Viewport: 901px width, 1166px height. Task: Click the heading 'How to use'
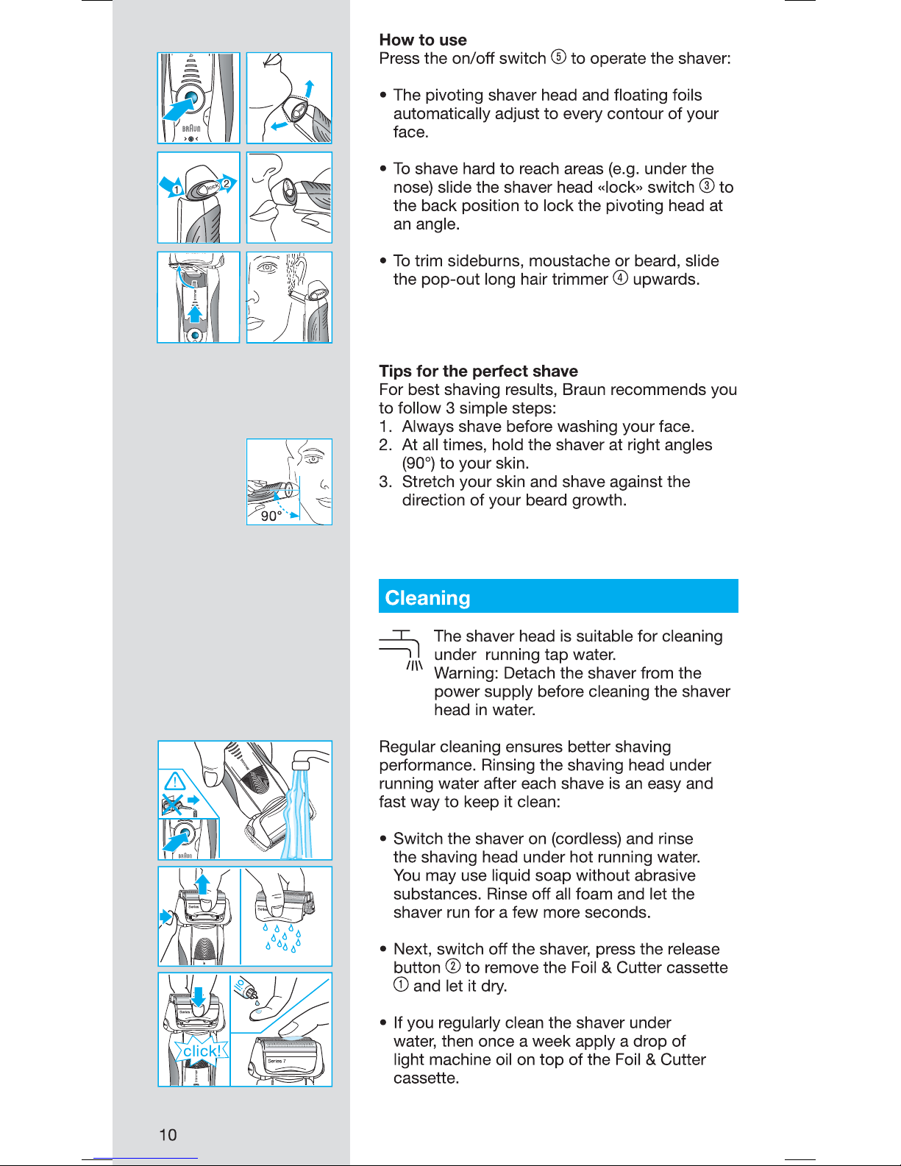click(423, 40)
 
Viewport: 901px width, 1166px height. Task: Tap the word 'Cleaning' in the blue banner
click(427, 598)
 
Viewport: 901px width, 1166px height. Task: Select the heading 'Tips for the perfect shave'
click(478, 371)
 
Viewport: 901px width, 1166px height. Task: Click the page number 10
click(168, 1134)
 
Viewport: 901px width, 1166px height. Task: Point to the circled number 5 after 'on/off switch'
click(558, 57)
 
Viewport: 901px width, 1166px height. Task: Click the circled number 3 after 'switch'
click(708, 185)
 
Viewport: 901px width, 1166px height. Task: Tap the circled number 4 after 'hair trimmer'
click(620, 278)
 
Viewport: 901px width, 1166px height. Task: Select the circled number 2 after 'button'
click(453, 967)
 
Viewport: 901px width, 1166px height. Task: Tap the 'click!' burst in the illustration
click(202, 1051)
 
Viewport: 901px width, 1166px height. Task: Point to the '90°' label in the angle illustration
click(271, 516)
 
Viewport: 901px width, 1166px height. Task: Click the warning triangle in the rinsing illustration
click(175, 781)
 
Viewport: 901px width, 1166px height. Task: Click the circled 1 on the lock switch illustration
click(176, 190)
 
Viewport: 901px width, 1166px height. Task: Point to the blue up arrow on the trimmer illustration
click(195, 314)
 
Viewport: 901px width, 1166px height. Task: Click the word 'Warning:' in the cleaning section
click(466, 673)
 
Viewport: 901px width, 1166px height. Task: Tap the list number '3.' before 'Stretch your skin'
click(385, 481)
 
